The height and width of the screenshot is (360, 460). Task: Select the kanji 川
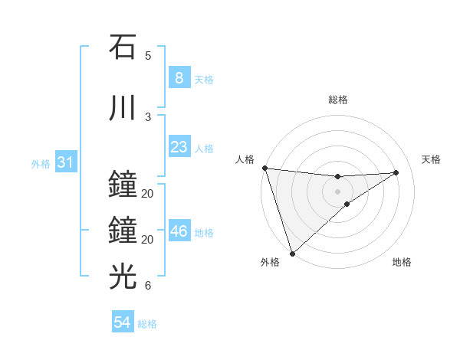(x=123, y=108)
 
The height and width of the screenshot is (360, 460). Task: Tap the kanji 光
(x=123, y=275)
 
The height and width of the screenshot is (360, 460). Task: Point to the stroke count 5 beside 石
(x=148, y=56)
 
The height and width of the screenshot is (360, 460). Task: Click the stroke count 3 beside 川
(x=148, y=117)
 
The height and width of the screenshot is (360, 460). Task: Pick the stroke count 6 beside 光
(x=148, y=286)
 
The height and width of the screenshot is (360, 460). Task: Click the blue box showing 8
(x=179, y=78)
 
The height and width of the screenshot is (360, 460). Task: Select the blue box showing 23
(x=179, y=147)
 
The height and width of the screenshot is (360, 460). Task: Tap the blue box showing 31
(x=65, y=162)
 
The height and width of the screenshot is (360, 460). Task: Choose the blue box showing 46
(x=179, y=231)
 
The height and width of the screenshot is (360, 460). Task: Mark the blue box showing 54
(x=123, y=322)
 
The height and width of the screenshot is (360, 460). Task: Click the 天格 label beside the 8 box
(x=204, y=80)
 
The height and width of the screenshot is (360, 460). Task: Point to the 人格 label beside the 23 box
(x=204, y=149)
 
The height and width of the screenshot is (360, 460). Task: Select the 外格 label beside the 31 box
(x=41, y=164)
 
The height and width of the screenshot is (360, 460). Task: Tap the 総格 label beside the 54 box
(x=147, y=324)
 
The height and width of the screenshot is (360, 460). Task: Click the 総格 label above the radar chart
(x=338, y=100)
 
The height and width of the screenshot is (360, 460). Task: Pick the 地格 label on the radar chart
(x=402, y=263)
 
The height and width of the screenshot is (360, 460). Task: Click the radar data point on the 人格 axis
(x=264, y=168)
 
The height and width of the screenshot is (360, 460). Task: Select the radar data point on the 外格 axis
(x=292, y=253)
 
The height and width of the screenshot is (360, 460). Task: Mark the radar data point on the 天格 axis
(x=396, y=172)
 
